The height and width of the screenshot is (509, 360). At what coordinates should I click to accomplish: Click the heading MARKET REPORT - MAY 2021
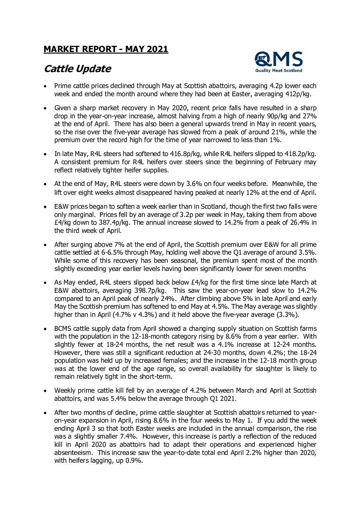[106, 49]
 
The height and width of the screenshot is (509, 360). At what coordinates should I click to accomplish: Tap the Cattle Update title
[78, 69]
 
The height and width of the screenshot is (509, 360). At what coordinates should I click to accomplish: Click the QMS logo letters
[279, 60]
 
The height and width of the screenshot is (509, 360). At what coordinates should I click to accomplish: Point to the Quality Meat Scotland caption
[279, 71]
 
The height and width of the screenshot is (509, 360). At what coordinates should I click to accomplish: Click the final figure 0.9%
[134, 461]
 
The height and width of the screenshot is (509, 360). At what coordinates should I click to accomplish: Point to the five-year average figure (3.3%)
[287, 315]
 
